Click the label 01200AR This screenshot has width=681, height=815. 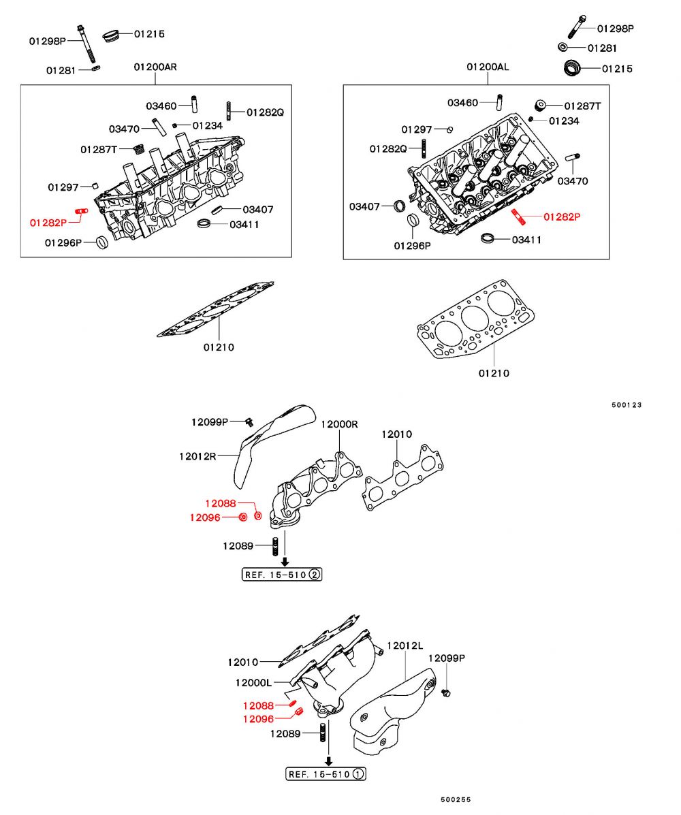point(155,67)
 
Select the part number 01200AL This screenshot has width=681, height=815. point(488,67)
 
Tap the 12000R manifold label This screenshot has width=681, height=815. point(339,424)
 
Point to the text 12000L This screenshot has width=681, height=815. point(253,682)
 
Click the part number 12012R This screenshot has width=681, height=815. point(197,456)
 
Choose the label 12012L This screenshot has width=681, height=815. point(405,645)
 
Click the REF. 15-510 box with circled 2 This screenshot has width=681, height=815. point(282,574)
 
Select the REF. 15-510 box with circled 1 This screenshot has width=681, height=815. point(326,774)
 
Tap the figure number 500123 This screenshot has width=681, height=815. point(627,405)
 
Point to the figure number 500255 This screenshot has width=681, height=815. point(456,800)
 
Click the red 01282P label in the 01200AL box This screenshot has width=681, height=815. point(562,217)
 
